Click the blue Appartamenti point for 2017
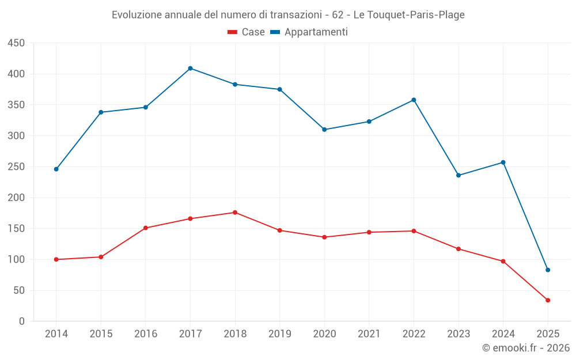[190, 69]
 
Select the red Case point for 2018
[235, 213]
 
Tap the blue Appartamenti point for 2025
[548, 270]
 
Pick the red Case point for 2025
[548, 300]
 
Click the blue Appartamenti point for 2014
[56, 169]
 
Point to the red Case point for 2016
[146, 228]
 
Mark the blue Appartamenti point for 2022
[414, 100]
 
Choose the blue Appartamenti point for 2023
[458, 175]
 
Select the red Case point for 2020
[324, 237]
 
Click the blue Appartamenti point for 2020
[324, 130]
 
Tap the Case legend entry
[247, 32]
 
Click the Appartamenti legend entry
[309, 32]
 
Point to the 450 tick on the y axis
[16, 43]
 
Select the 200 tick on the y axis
[16, 198]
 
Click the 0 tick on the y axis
[21, 321]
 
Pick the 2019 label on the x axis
[279, 334]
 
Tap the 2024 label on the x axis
[503, 334]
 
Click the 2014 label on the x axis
[56, 334]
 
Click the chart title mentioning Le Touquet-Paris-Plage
[288, 15]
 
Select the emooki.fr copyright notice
[526, 348]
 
